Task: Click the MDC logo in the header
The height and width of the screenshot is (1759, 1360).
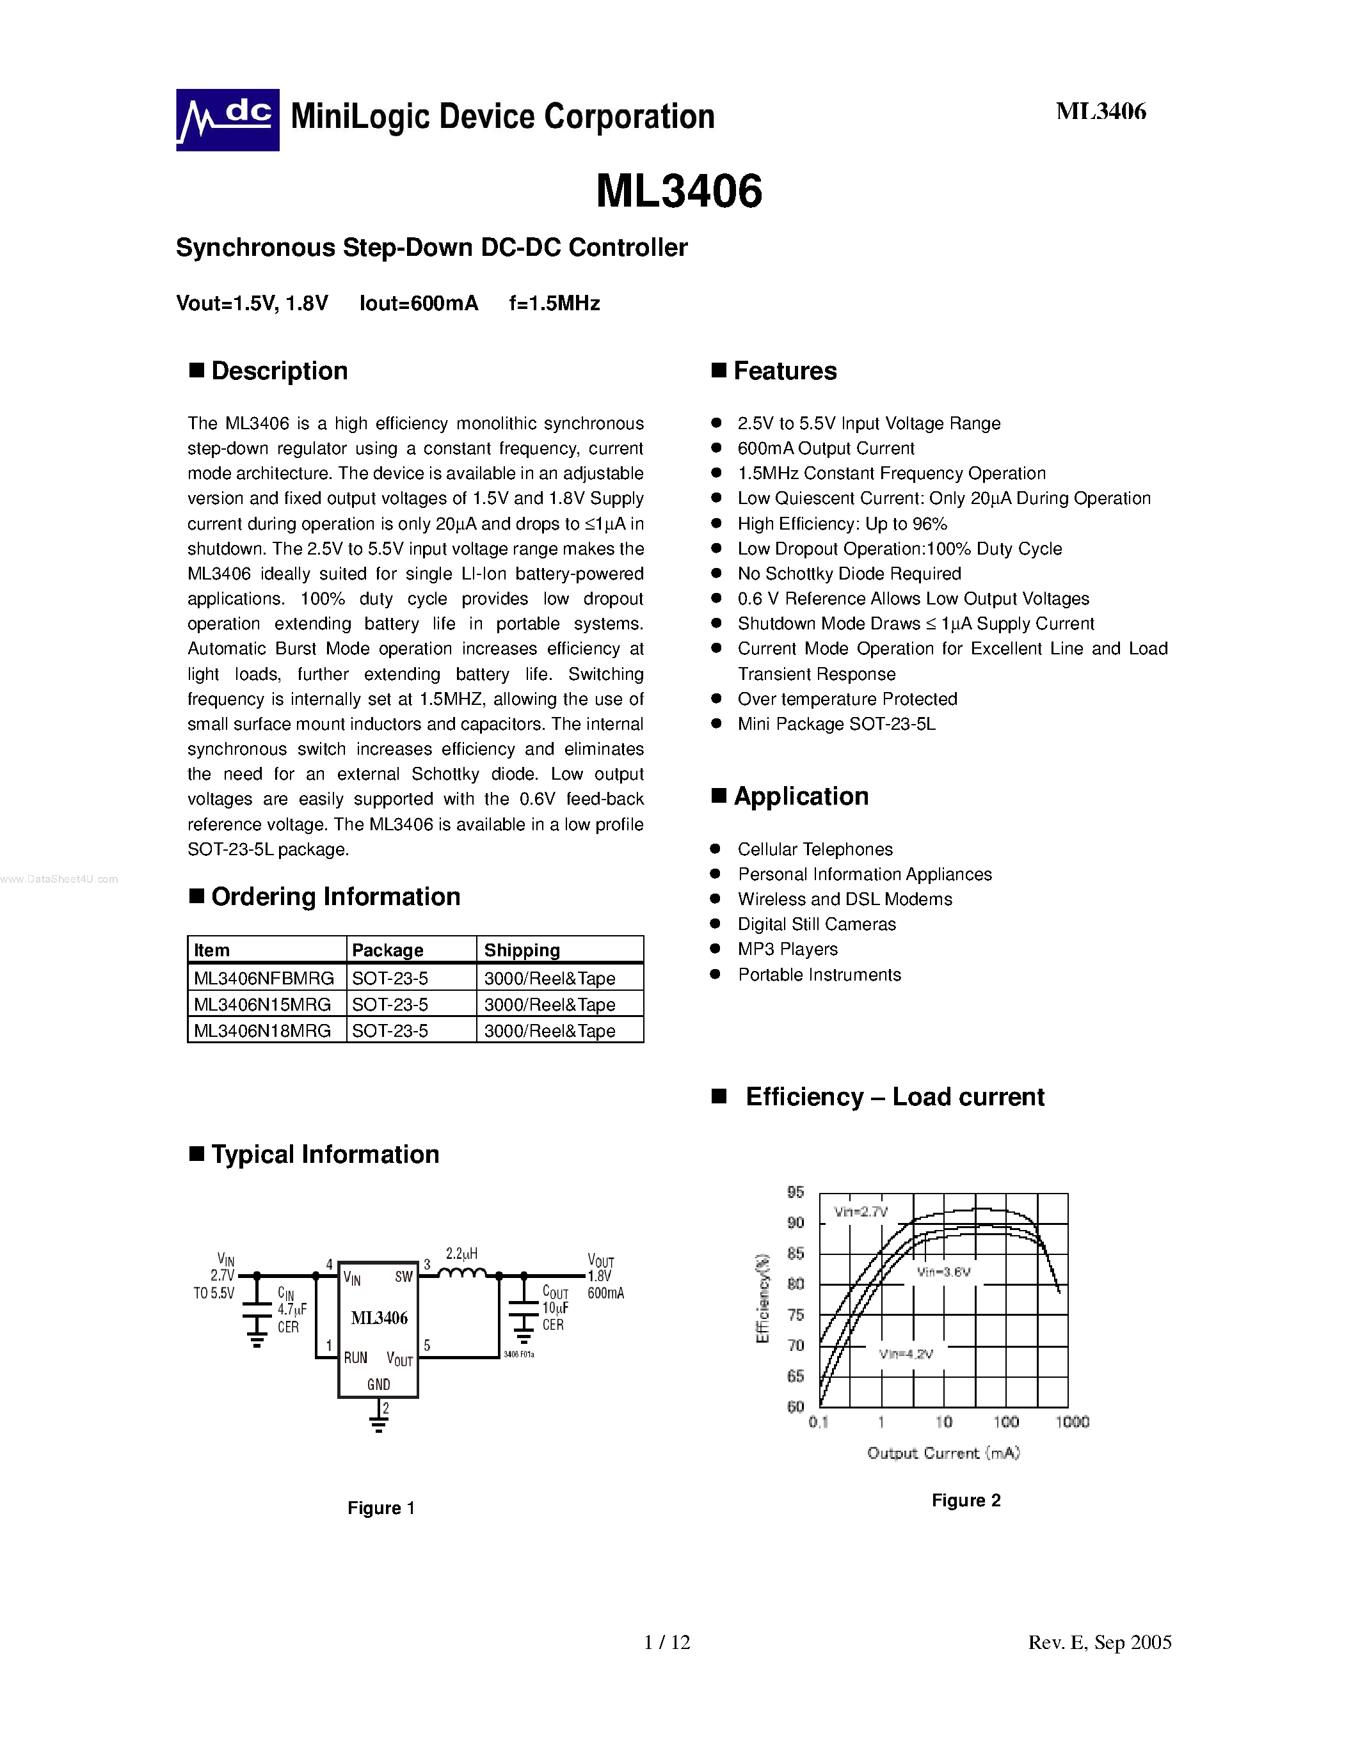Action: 227,120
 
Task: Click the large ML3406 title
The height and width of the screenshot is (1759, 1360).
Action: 678,192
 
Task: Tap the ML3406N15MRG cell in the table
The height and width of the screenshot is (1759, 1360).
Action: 262,1004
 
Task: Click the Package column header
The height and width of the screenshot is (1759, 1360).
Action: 388,950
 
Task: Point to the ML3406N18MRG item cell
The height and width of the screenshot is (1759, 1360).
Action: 262,1031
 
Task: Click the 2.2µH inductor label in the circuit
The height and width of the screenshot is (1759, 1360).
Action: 461,1254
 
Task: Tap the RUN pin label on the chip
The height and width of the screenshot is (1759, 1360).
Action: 355,1358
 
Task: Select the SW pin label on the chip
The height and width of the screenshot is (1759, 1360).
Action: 404,1277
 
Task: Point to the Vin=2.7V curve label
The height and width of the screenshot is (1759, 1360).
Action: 860,1212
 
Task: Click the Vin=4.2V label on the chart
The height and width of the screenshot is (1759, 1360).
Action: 906,1355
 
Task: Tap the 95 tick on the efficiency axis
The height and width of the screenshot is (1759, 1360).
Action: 796,1192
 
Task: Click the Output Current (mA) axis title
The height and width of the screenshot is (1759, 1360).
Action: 943,1454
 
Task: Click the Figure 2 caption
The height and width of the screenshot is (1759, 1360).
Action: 966,1501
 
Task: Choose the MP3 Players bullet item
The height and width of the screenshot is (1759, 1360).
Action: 787,950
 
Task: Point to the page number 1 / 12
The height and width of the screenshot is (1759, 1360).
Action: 667,1642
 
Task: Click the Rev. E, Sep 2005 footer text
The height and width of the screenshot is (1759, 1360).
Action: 1100,1642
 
